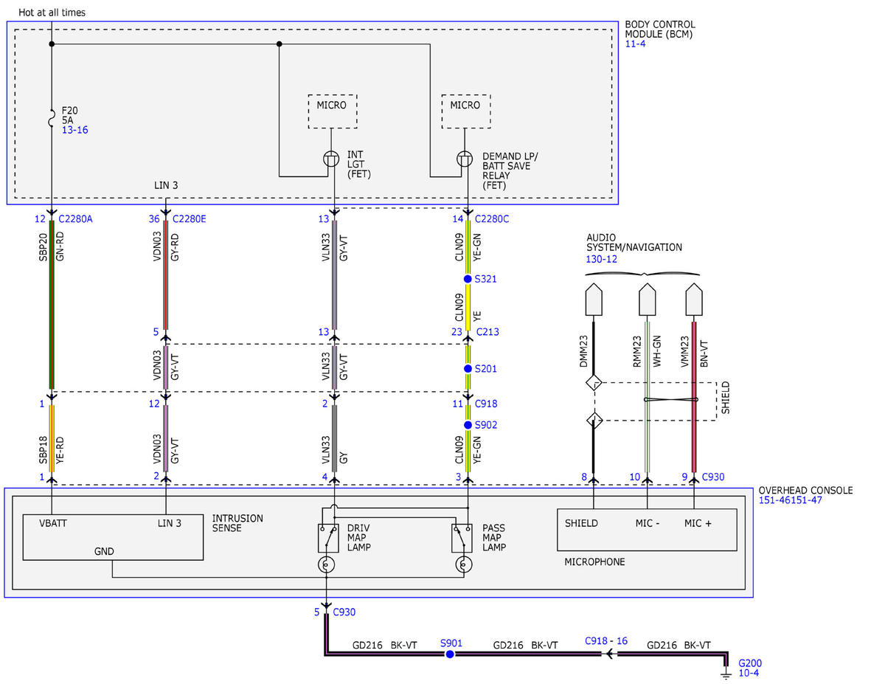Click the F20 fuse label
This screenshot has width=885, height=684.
tap(69, 111)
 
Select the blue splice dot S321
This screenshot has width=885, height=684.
tap(468, 279)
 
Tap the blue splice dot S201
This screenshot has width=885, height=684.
tap(468, 369)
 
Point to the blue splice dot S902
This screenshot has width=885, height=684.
tap(468, 425)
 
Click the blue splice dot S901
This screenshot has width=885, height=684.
tap(450, 654)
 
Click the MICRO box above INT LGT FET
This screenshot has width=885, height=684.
tap(333, 111)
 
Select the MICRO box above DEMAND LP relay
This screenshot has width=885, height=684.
tap(466, 111)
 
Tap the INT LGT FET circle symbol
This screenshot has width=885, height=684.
tap(331, 159)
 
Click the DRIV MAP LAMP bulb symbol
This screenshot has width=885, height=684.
tap(326, 564)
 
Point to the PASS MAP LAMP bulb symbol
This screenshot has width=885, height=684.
tap(463, 564)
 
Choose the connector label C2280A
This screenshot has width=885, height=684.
tap(75, 219)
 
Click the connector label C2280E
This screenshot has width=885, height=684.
tap(189, 219)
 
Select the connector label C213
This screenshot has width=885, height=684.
tap(487, 332)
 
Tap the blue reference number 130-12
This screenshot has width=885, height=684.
tap(601, 259)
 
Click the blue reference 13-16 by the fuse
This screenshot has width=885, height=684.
tap(75, 130)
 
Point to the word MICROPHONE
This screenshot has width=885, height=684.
tap(594, 562)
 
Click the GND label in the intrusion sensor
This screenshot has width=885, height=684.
tap(104, 551)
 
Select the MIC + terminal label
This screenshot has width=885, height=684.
tap(698, 523)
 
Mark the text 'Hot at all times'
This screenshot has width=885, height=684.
tap(52, 13)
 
